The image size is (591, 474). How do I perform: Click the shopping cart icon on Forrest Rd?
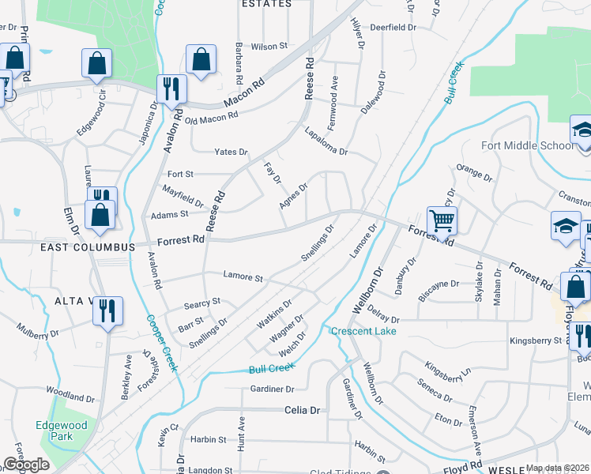pos(442,221)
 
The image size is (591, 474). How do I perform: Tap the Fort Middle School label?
pos(528,145)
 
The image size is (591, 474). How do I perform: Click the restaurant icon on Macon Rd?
pos(171,88)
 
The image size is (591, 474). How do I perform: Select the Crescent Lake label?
pos(363,331)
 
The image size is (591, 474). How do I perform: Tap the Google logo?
pos(26,465)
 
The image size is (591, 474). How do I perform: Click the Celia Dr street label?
pos(303,411)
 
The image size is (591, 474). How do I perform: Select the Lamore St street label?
pos(242,277)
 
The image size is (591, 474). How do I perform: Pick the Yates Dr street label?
pos(231,152)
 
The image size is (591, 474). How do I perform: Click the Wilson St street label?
pos(269,47)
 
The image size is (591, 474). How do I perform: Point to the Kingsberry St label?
pos(535,340)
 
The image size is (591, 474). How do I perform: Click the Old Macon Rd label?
pos(211,118)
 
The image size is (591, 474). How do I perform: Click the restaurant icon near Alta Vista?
pos(107,310)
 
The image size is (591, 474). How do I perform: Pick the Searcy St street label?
pos(201,302)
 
